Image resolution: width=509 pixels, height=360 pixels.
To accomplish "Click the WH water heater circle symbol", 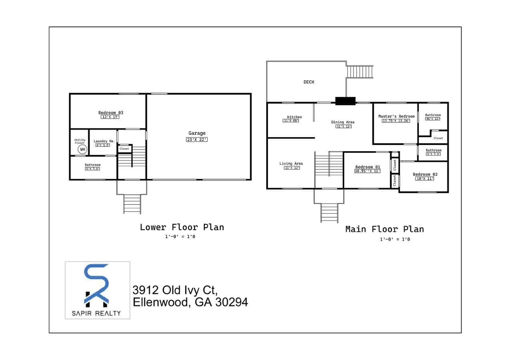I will tap(82, 150).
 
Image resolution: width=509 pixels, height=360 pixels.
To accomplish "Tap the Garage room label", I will tap(197, 133).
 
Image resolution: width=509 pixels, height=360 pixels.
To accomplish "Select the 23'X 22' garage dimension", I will tap(197, 140).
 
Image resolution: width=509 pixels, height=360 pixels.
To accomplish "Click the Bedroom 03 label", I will tap(110, 112).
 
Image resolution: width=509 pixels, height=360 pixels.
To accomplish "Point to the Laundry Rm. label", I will tap(104, 141).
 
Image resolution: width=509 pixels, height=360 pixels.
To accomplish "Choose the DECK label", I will tap(309, 82).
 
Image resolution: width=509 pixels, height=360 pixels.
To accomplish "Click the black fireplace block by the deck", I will tap(345, 101).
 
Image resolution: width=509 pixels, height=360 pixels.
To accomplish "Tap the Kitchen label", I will tap(294, 117).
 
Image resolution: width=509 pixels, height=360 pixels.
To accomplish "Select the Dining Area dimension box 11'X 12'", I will tap(343, 126).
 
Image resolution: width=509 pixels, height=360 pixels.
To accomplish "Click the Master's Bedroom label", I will tap(396, 116).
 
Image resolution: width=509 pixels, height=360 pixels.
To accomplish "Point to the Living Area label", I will tap(291, 163).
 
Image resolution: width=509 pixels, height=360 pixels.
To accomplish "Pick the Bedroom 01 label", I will tap(367, 167).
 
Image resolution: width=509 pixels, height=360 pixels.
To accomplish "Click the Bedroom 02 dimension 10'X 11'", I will tap(425, 178).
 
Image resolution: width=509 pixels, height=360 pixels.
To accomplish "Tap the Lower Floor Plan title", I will tap(182, 227).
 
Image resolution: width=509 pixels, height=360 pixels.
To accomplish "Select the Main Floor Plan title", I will tap(384, 229).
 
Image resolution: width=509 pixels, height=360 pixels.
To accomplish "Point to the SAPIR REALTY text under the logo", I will tap(96, 313).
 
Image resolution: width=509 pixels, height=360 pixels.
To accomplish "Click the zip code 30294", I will tap(232, 302).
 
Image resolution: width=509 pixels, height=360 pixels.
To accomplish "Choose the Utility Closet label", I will tap(80, 141).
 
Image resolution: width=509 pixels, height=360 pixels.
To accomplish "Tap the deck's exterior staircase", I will tap(359, 72).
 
